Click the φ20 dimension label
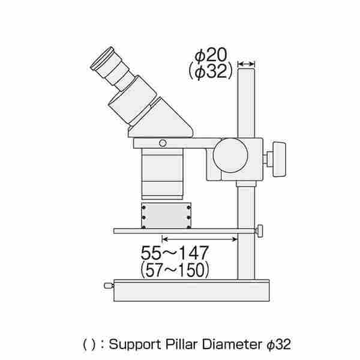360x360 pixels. pyautogui.click(x=211, y=55)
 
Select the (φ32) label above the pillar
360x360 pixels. pyautogui.click(x=211, y=71)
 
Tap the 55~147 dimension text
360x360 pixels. pyautogui.click(x=175, y=253)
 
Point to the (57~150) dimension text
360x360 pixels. pyautogui.click(x=175, y=270)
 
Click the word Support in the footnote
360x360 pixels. pyautogui.click(x=135, y=344)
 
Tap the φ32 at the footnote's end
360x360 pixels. pyautogui.click(x=279, y=344)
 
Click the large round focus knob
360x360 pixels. pyautogui.click(x=230, y=155)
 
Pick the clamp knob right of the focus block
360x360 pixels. pyautogui.click(x=279, y=160)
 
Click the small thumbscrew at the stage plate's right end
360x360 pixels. pyautogui.click(x=259, y=231)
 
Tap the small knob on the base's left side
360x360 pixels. pyautogui.click(x=109, y=286)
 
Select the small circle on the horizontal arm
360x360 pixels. pyautogui.click(x=163, y=143)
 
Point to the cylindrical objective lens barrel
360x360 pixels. pyautogui.click(x=163, y=174)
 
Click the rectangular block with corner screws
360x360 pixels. pyautogui.click(x=166, y=215)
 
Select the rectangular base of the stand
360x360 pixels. pyautogui.click(x=192, y=290)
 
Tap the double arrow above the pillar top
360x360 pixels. pyautogui.click(x=246, y=64)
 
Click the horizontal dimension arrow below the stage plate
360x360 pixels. pyautogui.click(x=200, y=239)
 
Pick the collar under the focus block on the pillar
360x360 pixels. pyautogui.click(x=246, y=184)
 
